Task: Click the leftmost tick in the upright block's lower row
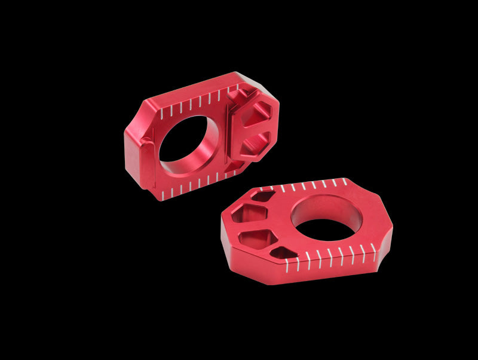(x=163, y=193)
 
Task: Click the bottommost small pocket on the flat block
(x=281, y=254)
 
